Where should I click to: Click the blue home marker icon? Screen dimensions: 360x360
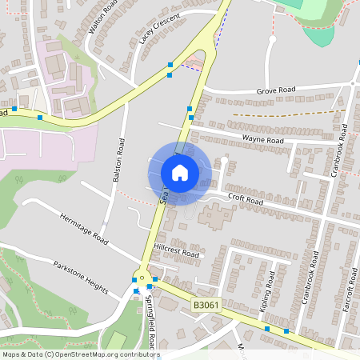[180, 172]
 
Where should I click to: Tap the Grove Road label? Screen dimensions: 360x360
[275, 90]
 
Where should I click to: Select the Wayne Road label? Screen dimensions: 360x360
[263, 140]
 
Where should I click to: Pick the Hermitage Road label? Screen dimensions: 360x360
[84, 227]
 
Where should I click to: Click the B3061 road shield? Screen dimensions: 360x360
[206, 305]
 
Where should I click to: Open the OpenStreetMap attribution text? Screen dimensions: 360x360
[80, 354]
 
